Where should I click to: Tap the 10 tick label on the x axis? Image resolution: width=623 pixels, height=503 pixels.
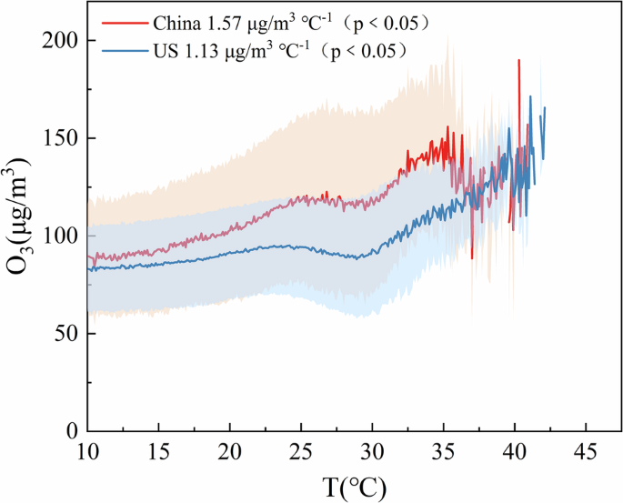(x=88, y=453)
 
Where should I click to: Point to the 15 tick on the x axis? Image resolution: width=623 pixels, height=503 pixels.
(x=159, y=453)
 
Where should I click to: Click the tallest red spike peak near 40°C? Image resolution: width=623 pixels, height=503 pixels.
(x=518, y=61)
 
